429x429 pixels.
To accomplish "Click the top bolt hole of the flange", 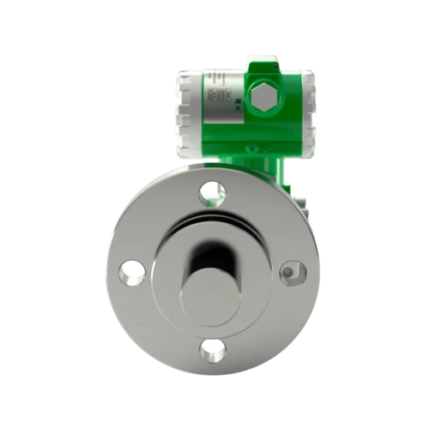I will [209, 192].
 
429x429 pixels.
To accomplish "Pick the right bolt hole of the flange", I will [289, 273].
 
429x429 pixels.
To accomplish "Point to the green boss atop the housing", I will [259, 63].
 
